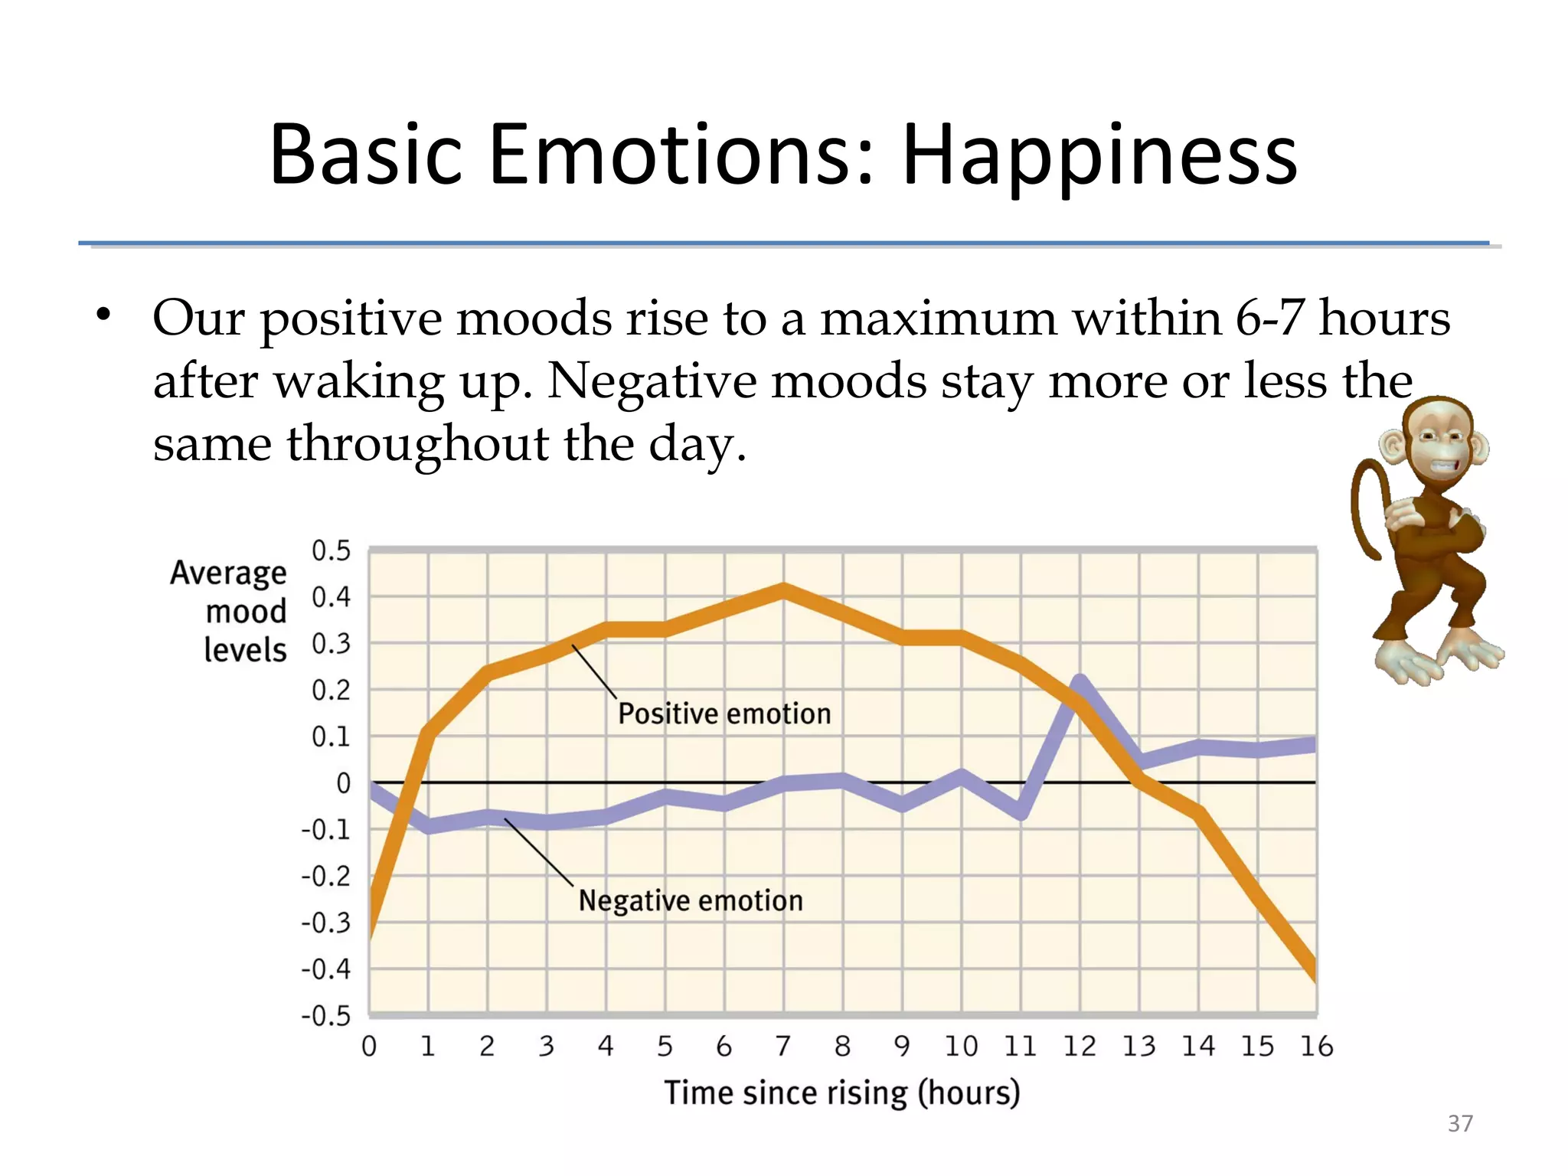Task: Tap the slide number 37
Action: [x=1460, y=1123]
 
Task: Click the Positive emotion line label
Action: [x=724, y=714]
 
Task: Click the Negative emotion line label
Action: [x=691, y=900]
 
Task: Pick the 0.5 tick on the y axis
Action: [x=331, y=550]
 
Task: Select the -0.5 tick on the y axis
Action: [x=326, y=1016]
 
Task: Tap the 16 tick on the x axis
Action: [x=1316, y=1046]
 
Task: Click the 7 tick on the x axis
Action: [x=782, y=1046]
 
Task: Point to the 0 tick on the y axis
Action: [x=343, y=783]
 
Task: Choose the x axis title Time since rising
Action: [x=841, y=1093]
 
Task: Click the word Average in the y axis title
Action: [x=228, y=573]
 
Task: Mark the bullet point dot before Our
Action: [x=103, y=315]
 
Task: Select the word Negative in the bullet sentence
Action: [x=651, y=381]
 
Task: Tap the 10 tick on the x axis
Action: [x=961, y=1046]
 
